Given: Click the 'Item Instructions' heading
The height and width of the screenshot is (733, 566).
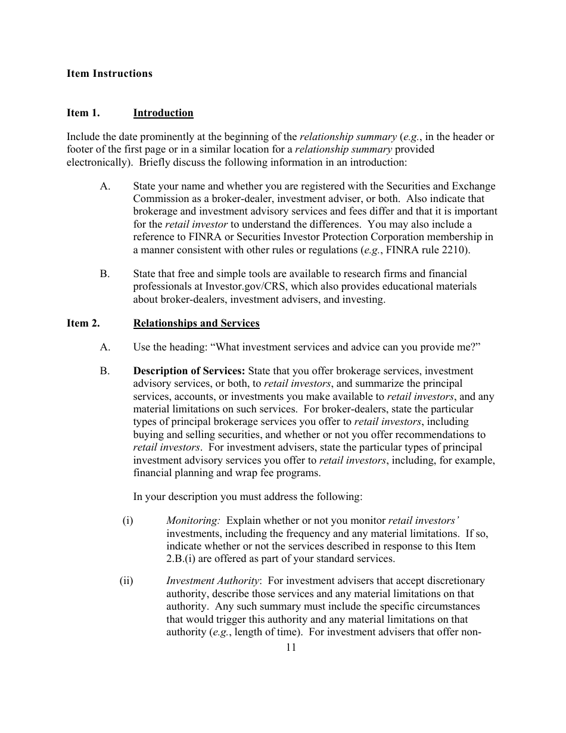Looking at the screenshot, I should coord(109,73).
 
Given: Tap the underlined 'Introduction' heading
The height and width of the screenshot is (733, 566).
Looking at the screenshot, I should coord(163,113).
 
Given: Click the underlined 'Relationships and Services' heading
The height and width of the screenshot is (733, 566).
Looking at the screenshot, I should coord(196,323).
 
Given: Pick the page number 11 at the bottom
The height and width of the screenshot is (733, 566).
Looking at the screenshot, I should coord(291,648).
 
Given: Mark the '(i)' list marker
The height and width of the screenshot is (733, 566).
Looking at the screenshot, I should coord(127,520).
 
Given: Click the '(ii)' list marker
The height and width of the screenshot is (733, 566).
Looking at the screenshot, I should coord(126,580).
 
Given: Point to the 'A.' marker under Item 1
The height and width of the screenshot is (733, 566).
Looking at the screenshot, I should coord(105,186).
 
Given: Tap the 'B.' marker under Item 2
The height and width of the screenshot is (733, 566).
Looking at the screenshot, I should coord(105,371).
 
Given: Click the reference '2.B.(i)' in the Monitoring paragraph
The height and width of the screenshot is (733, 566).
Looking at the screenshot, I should coord(182,559).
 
